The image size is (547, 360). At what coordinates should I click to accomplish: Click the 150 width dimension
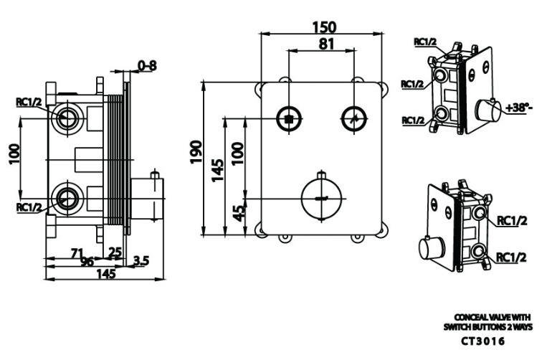point(323,26)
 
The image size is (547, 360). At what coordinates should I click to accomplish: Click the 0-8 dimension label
point(147,66)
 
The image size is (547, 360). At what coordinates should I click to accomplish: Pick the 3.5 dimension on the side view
point(141,262)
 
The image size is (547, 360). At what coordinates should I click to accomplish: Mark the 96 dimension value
point(87,262)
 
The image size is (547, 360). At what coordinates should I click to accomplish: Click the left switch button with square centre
point(288,118)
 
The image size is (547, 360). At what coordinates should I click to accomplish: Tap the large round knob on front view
point(322,196)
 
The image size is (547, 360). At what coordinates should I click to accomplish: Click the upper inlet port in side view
point(68,118)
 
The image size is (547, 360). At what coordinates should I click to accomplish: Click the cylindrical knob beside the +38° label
point(493,110)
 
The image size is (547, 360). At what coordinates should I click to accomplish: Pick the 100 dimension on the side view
point(14,153)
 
